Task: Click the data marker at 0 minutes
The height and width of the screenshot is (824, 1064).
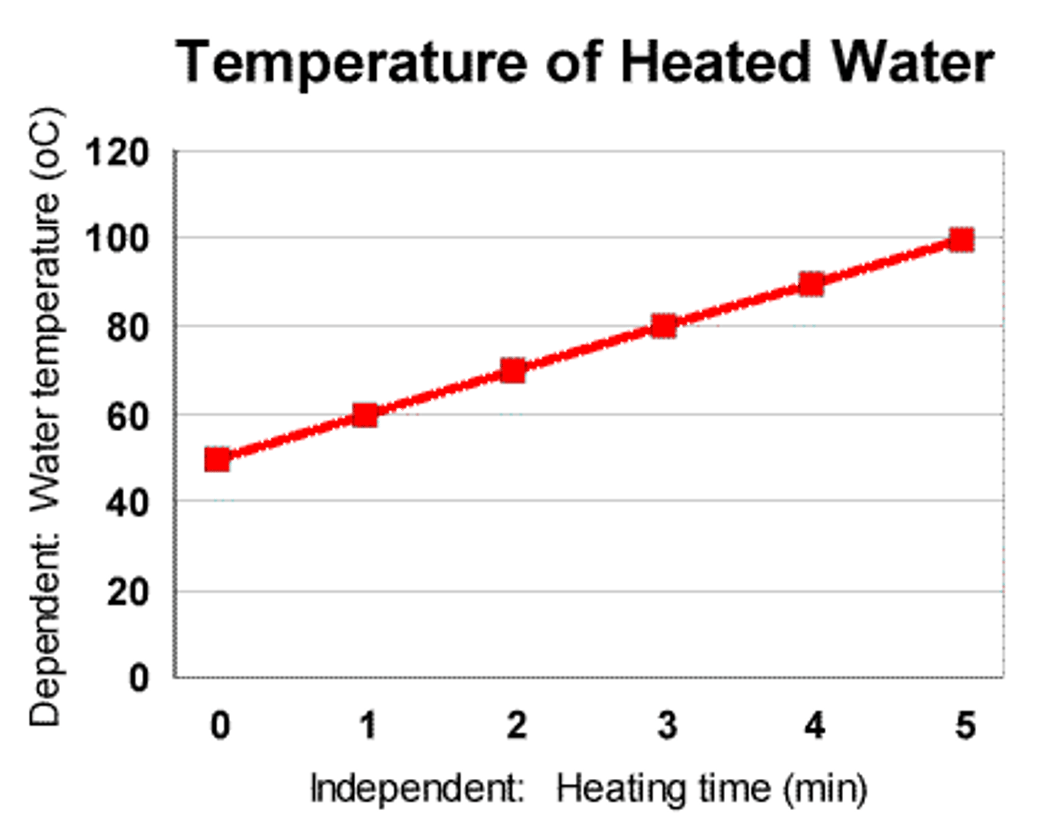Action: point(217,459)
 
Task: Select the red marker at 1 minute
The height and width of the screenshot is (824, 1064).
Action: point(365,415)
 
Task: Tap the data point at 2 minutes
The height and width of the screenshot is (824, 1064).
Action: point(513,370)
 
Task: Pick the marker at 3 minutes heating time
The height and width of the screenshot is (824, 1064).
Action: point(664,326)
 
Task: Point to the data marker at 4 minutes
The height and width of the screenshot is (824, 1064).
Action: point(811,284)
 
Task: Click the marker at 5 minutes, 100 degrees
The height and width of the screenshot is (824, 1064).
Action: point(961,239)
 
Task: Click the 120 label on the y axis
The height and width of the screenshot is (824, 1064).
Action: point(117,154)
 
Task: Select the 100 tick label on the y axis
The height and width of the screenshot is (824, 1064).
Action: point(117,238)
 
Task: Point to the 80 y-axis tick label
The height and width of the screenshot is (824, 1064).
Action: point(127,327)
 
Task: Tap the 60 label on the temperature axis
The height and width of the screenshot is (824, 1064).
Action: point(127,416)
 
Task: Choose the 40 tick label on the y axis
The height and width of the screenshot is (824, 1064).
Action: point(127,503)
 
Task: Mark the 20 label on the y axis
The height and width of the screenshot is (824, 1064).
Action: point(127,591)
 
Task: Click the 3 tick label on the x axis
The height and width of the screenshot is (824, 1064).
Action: point(666,726)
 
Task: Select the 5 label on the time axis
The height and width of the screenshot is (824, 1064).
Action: point(965,726)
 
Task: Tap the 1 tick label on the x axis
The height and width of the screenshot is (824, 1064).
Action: point(368,726)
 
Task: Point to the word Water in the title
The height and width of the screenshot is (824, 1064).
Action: point(912,62)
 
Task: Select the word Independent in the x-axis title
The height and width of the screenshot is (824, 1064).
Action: point(417,789)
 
